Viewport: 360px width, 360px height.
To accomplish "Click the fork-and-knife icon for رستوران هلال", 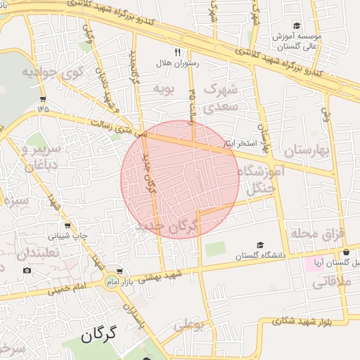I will pos(177,51).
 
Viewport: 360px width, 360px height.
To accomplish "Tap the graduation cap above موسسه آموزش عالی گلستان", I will pos(296,25).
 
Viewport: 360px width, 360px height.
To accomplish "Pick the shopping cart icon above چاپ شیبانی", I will pos(67,226).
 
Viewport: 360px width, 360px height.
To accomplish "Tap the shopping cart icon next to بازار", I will pos(120,271).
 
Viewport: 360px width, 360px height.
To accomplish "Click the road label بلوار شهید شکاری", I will pos(288,320).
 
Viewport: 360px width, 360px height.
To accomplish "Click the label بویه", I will pos(163,89).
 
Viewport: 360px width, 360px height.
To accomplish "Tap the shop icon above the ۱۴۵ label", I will pos(44,98).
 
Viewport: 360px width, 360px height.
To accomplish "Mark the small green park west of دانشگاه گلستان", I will pos(216,249).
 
